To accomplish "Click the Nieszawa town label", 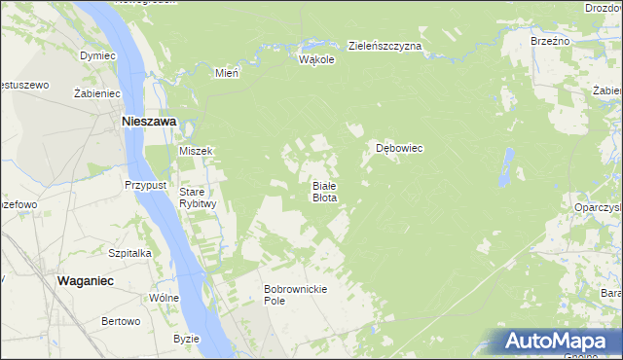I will [147, 122].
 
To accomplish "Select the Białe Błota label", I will [324, 191].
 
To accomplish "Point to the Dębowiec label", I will [399, 149].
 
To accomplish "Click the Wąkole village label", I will [316, 59].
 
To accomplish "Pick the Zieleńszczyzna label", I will [385, 46].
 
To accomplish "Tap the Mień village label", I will [227, 72].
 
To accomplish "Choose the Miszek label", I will [196, 151].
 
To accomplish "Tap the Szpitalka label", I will [129, 252].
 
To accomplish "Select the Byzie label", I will [186, 339].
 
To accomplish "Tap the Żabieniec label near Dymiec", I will [96, 93].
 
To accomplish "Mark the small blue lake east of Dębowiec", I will [506, 167].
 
